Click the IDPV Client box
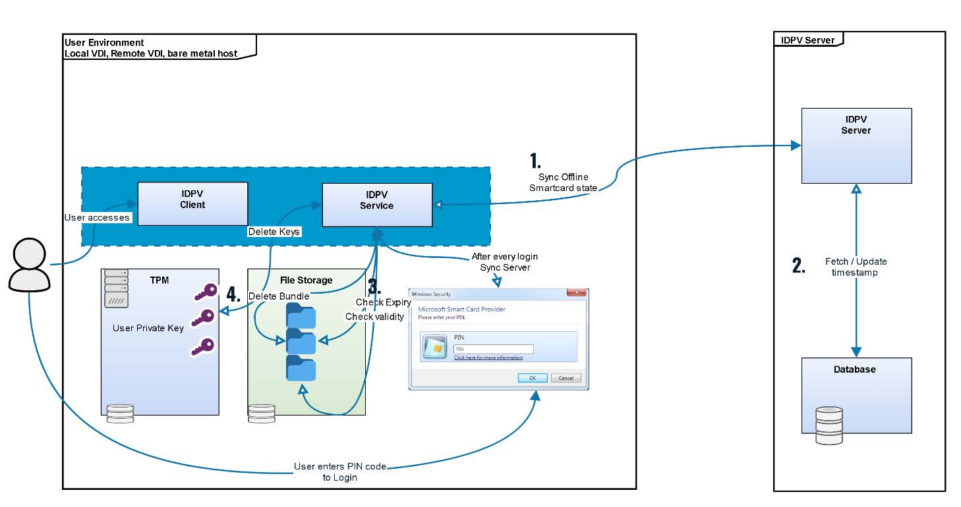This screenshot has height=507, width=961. [x=192, y=204]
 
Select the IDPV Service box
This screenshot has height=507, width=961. [x=376, y=205]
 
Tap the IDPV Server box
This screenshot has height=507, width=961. [x=856, y=146]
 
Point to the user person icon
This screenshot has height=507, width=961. [x=30, y=264]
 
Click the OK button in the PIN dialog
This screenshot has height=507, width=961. [x=533, y=378]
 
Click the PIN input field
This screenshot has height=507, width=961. [x=493, y=349]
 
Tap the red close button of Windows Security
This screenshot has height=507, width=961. [x=577, y=293]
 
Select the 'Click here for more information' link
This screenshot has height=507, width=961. [x=488, y=358]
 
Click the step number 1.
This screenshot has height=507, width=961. [x=535, y=161]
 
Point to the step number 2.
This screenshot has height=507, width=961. [x=798, y=265]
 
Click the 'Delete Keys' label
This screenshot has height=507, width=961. [x=274, y=232]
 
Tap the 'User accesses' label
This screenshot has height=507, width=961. [x=97, y=217]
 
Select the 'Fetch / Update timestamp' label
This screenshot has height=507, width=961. [x=856, y=267]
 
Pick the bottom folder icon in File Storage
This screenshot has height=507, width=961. [x=301, y=368]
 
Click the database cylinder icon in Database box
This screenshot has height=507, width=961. [x=829, y=425]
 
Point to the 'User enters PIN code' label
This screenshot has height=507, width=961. [x=339, y=467]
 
